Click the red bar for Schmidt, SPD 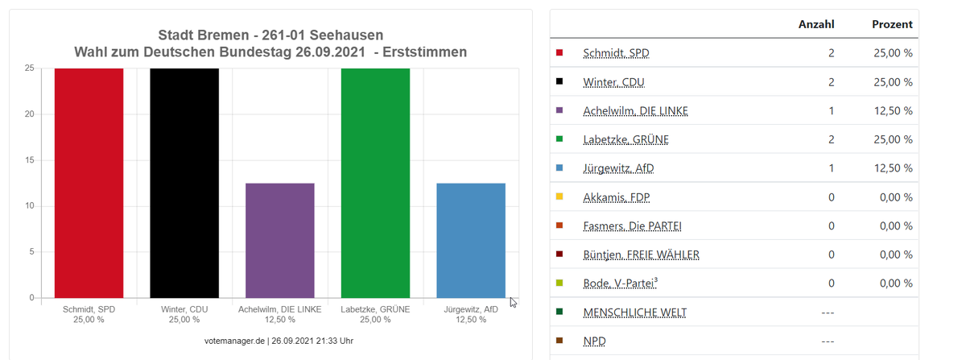(89, 183)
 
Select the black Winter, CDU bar (184, 183)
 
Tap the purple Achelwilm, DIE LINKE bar (279, 240)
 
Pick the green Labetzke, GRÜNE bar (375, 183)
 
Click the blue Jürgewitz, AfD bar (471, 240)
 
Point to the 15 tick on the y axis (29, 160)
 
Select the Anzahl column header (815, 24)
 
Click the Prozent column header (892, 24)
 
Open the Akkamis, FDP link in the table (616, 197)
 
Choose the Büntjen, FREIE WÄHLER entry (641, 255)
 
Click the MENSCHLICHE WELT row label (634, 312)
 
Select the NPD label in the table (594, 341)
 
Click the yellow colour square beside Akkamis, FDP (559, 197)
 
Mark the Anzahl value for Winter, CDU (831, 82)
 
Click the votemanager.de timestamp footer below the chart (279, 341)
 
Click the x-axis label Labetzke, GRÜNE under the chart (375, 309)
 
